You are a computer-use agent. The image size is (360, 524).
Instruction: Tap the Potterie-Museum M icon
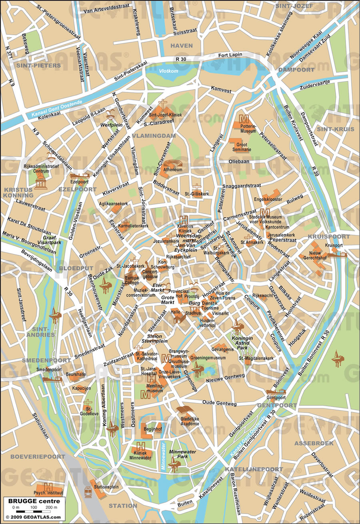[x=244, y=118]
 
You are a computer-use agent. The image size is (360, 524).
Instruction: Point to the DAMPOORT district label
[x=297, y=70]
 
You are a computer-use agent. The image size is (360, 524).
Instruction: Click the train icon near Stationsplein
[x=88, y=492]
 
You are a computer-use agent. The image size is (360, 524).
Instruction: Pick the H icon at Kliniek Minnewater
[x=141, y=446]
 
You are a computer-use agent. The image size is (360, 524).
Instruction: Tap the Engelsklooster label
[x=268, y=199]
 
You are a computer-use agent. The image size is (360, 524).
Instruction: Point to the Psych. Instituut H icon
[x=48, y=486]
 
